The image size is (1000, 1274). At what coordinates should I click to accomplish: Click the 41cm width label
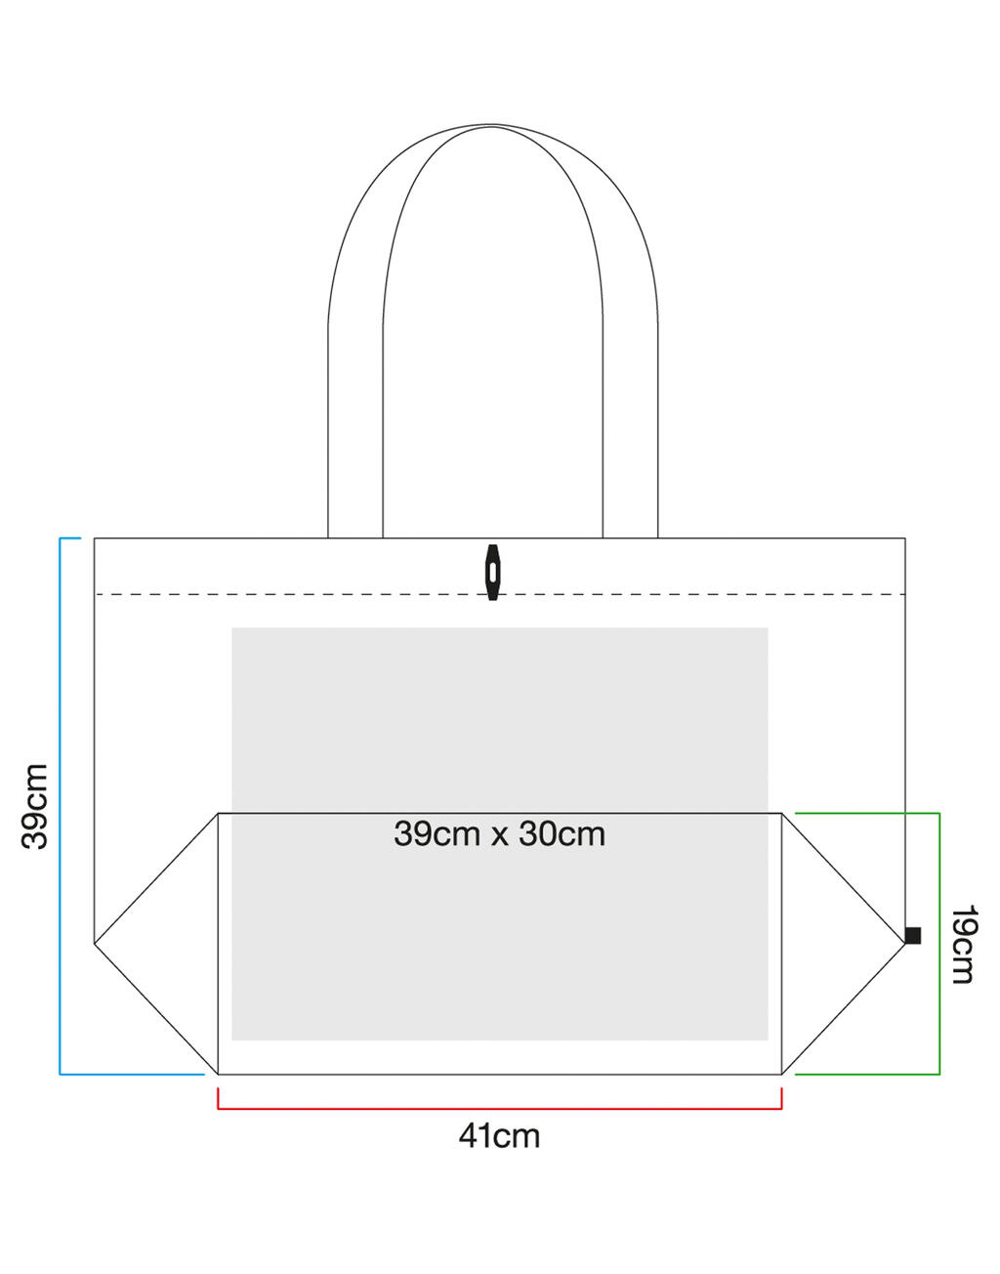(499, 1136)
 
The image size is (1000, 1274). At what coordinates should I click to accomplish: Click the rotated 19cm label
(962, 944)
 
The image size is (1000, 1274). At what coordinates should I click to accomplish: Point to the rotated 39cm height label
(35, 806)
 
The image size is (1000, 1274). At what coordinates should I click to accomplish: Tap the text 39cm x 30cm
(499, 833)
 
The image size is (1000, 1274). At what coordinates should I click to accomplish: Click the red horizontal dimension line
(499, 1108)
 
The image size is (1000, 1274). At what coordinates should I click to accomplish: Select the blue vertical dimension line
(61, 806)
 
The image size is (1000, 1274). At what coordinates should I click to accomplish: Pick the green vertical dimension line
(938, 943)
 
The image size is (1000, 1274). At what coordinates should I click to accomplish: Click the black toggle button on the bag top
(492, 572)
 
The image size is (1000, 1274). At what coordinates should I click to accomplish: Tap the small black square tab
(913, 935)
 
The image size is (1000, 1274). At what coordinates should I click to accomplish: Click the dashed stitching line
(293, 594)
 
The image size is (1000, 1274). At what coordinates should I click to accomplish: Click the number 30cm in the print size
(562, 833)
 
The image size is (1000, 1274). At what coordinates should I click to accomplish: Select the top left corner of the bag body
(95, 538)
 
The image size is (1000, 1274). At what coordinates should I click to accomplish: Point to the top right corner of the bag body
(904, 538)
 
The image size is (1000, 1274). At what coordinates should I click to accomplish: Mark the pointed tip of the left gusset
(96, 943)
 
